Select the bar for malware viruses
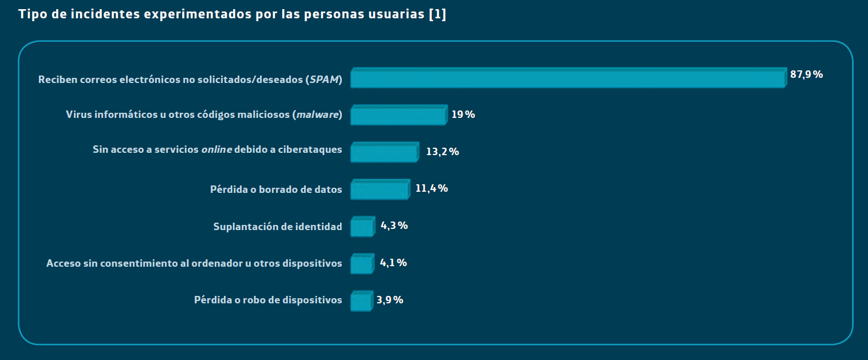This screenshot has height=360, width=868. [398, 116]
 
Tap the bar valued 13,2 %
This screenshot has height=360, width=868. [384, 153]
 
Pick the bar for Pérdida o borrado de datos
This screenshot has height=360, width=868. [379, 190]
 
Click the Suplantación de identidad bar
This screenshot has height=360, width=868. [362, 227]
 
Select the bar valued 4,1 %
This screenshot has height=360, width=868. [361, 264]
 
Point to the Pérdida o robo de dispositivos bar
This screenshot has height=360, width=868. [361, 302]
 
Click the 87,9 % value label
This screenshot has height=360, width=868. [806, 74]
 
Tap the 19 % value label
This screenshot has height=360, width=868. [463, 114]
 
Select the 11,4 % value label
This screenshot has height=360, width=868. [431, 188]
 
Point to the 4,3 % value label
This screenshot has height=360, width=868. [394, 226]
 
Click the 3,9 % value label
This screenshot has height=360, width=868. [390, 300]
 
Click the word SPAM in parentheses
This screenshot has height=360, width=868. [325, 80]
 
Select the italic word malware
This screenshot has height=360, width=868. [317, 115]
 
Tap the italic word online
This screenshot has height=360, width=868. [216, 150]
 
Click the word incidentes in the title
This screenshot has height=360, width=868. [105, 15]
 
